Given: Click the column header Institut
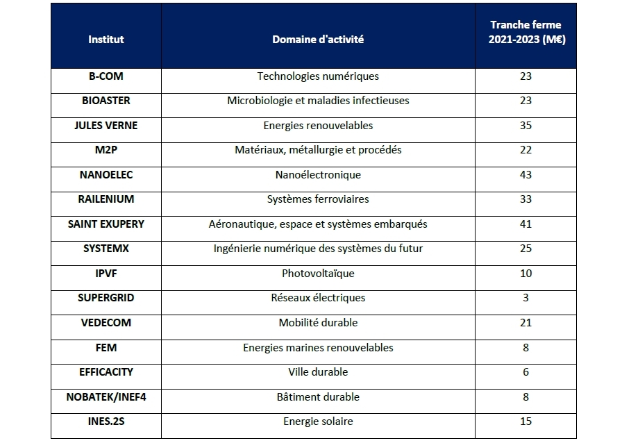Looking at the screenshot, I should pos(106,40).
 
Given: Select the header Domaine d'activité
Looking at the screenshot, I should pos(318,40).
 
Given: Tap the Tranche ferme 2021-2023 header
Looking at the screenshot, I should pos(525,33).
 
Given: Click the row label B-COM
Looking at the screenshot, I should pos(106,76).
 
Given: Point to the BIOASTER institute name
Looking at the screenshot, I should pos(106,101).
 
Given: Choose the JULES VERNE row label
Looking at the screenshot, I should pos(106,126).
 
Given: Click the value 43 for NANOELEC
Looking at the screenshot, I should pos(525,175).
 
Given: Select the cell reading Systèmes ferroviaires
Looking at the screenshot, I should pos(318,199).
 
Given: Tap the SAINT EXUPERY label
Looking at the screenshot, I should pos(106,224).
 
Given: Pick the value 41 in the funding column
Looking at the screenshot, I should pos(525,224).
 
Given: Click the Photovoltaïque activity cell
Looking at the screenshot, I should pos(318,274).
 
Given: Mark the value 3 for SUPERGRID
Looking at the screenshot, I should pos(525,298).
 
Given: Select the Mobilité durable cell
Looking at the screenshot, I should pos(318,323).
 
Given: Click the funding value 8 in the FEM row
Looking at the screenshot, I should pos(525,347).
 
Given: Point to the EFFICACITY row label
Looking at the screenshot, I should pos(106,372).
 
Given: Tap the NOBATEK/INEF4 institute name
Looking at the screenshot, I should pos(106,397).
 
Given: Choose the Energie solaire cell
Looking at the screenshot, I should pos(318,421).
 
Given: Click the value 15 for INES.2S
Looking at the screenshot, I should pos(525,421).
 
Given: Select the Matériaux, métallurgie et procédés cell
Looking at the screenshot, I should pos(318,150).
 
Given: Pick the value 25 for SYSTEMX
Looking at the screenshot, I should pos(525,249).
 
